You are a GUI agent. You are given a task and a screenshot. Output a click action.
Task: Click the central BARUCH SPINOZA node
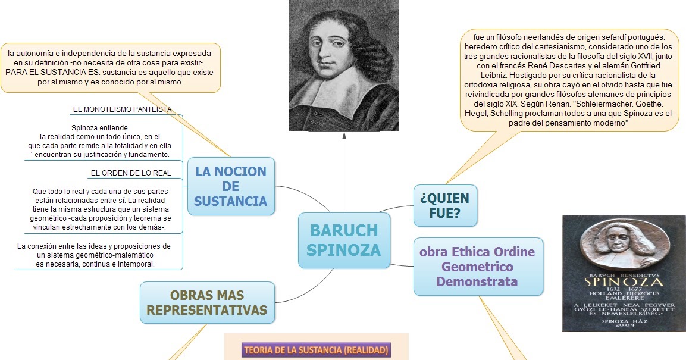point(344,240)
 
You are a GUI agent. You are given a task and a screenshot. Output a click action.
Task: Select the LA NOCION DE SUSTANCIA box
point(231,186)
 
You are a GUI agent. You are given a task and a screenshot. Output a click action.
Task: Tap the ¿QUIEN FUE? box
point(445,205)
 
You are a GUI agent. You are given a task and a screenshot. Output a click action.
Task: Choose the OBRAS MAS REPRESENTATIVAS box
point(207,302)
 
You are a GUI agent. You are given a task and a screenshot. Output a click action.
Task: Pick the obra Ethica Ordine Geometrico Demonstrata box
point(477,267)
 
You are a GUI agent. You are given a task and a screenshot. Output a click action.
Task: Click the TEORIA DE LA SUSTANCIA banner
point(316,350)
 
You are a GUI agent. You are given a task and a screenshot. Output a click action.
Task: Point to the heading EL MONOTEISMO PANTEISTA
point(122,109)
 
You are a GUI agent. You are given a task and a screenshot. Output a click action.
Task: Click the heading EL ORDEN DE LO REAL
point(131,173)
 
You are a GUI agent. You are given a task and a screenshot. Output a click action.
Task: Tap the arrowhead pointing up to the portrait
point(344,136)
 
